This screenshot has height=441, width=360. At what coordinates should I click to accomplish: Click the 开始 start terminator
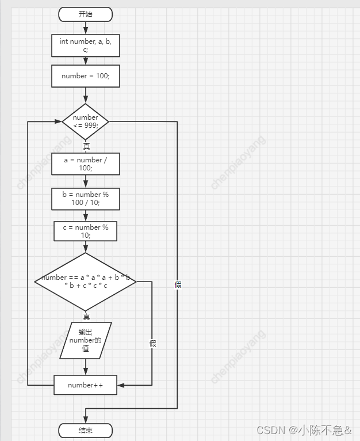85,14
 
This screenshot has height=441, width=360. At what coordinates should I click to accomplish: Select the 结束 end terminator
85,430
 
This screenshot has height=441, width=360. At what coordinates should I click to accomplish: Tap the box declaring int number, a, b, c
85,45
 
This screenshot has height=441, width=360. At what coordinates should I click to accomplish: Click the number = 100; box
85,76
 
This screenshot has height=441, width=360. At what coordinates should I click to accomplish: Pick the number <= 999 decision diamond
85,121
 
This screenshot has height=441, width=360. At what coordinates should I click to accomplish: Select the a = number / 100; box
85,164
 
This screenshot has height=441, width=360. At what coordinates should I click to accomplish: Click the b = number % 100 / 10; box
85,199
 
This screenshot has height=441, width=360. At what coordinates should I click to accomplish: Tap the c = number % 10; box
85,231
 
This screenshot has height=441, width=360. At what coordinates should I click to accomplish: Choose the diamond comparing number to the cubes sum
85,282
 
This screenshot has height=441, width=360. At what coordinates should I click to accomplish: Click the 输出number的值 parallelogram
85,340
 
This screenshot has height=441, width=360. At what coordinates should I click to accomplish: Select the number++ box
85,385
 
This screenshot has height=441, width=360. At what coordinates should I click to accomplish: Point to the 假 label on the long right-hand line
178,284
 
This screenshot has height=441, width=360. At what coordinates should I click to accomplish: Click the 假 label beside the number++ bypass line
152,343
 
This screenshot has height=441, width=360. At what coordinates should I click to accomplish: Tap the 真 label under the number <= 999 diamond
86,146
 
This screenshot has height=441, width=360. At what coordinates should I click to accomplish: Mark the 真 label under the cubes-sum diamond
86,317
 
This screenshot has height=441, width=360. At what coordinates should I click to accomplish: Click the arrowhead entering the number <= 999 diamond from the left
58,121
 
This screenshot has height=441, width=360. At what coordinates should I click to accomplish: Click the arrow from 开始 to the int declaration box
85,28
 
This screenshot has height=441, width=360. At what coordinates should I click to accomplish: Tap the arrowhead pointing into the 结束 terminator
85,420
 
